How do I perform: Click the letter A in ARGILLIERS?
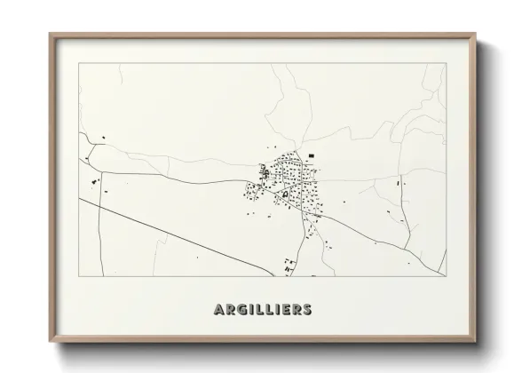click(218, 310)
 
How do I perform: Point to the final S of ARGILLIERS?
click(307, 310)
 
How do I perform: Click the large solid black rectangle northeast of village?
click(312, 156)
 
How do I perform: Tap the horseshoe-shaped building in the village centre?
click(286, 193)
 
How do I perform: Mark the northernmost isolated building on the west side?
click(104, 136)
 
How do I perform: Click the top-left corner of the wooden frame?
click(51, 34)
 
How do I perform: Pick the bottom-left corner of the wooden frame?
click(51, 343)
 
